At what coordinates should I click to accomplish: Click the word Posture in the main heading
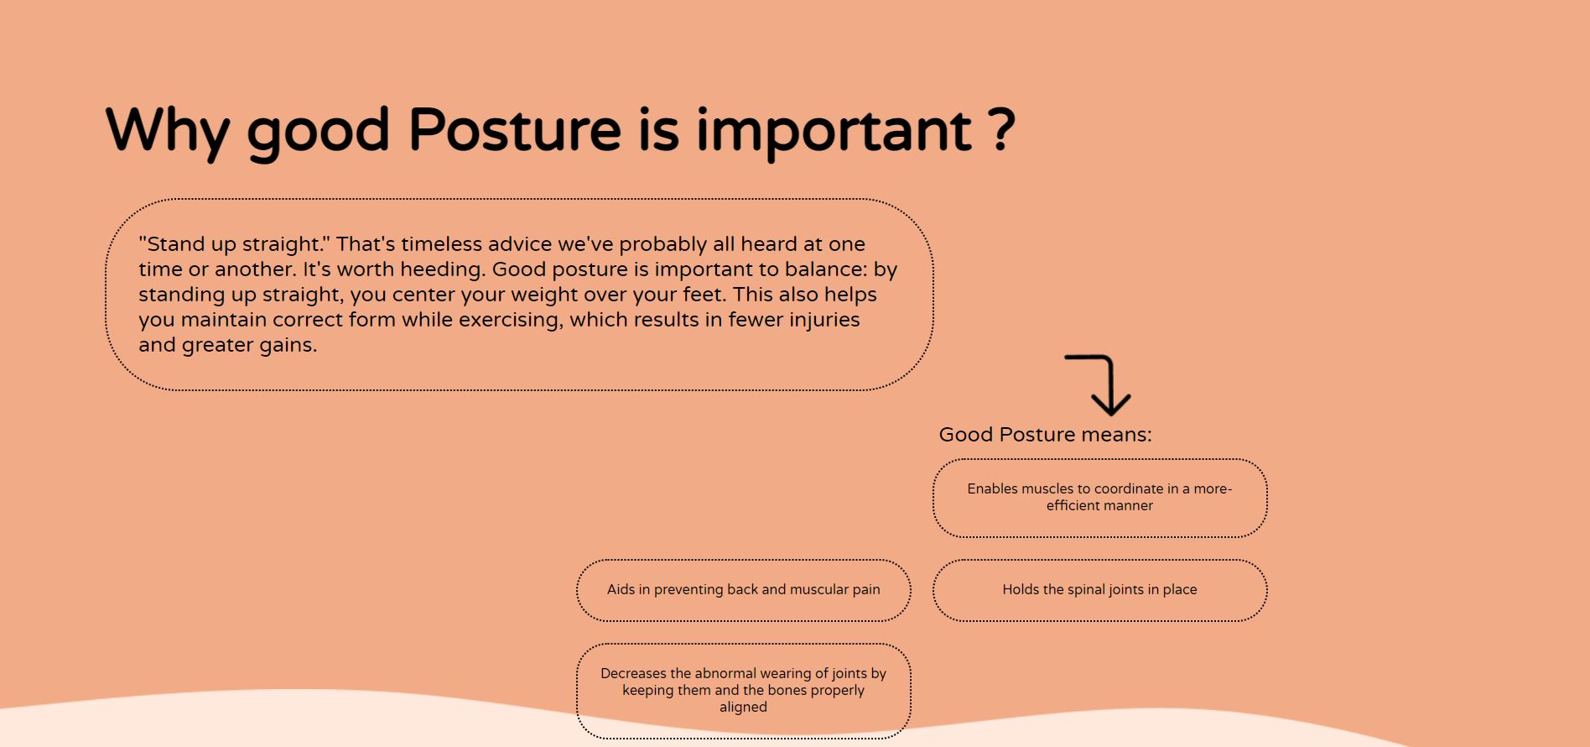(x=514, y=131)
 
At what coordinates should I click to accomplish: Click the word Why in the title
(x=167, y=131)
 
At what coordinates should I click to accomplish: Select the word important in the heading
(x=834, y=131)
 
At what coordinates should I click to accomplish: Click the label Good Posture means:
(x=1045, y=435)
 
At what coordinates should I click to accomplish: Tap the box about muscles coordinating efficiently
(x=1099, y=498)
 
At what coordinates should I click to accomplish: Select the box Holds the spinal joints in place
(x=1099, y=590)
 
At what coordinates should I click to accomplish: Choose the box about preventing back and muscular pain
(x=743, y=590)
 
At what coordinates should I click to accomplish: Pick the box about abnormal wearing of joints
(x=743, y=690)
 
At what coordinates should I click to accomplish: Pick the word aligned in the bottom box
(x=743, y=707)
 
